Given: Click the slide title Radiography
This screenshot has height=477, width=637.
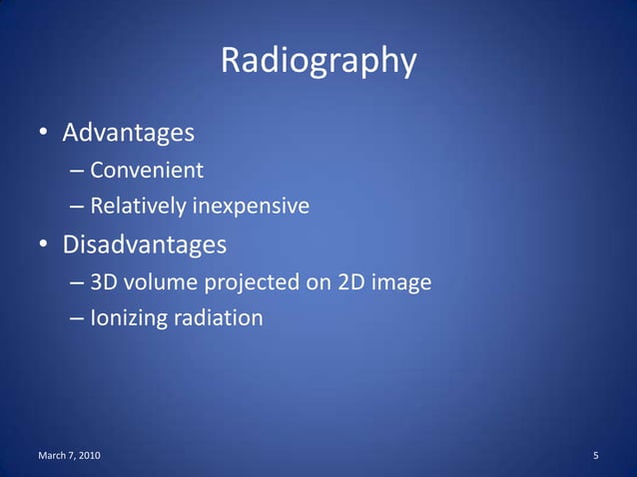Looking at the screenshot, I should (318, 61).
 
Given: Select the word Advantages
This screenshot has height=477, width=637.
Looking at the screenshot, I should (128, 132).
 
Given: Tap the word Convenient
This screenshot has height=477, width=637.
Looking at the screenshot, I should (147, 170).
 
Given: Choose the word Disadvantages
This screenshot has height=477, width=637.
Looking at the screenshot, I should (145, 244).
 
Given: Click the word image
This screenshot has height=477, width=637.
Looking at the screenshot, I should (401, 282).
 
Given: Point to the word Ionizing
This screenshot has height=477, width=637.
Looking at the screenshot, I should (127, 319).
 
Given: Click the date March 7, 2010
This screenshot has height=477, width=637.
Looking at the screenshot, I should (68, 456).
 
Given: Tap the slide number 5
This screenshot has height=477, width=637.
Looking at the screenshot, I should (595, 456).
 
